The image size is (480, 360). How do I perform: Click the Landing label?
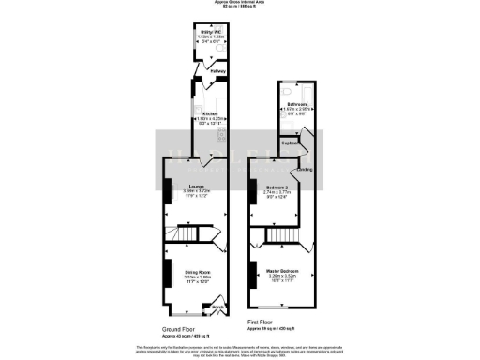pyautogui.click(x=306, y=170)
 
